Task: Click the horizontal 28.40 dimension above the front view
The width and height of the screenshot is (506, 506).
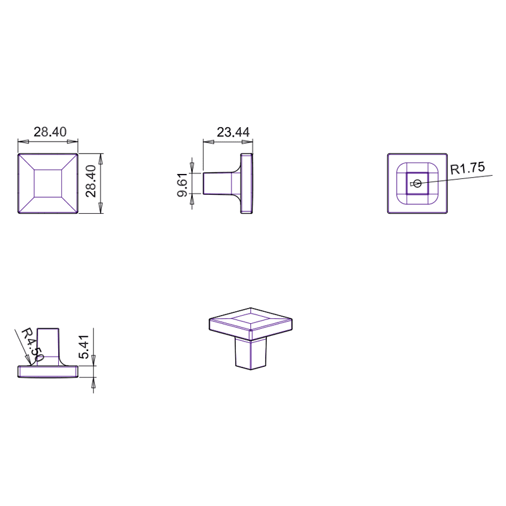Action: tap(50, 132)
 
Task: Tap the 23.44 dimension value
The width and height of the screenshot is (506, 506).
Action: tap(233, 132)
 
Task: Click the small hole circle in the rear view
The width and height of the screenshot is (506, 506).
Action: tap(415, 184)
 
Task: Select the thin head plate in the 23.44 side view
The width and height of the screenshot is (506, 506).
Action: tap(248, 183)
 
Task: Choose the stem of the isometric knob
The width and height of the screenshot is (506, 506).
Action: tap(251, 354)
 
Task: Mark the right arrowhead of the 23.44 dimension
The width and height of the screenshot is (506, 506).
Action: tap(250, 141)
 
